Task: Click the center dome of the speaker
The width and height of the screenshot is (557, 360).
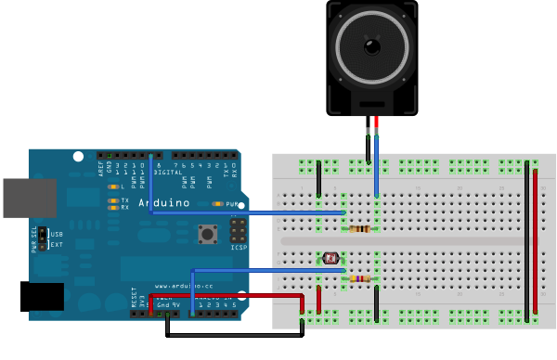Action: pyautogui.click(x=372, y=45)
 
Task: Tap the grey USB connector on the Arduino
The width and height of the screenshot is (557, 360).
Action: pyautogui.click(x=29, y=198)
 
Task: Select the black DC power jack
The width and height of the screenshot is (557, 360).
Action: pyautogui.click(x=42, y=296)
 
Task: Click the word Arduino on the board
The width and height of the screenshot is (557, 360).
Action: pyautogui.click(x=164, y=202)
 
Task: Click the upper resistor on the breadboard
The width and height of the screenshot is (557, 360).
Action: pyautogui.click(x=359, y=229)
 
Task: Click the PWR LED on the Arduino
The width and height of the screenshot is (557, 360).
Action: pyautogui.click(x=219, y=203)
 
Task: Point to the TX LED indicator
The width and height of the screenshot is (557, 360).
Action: pyautogui.click(x=114, y=199)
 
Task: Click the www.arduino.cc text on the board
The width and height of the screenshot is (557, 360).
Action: pyautogui.click(x=178, y=286)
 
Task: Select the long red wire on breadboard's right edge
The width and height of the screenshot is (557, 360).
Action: pyautogui.click(x=535, y=241)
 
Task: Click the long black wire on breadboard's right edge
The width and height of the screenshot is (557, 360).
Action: pyautogui.click(x=526, y=241)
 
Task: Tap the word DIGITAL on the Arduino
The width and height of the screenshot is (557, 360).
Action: pyautogui.click(x=167, y=172)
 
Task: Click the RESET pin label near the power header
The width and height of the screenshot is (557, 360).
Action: pyautogui.click(x=136, y=298)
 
